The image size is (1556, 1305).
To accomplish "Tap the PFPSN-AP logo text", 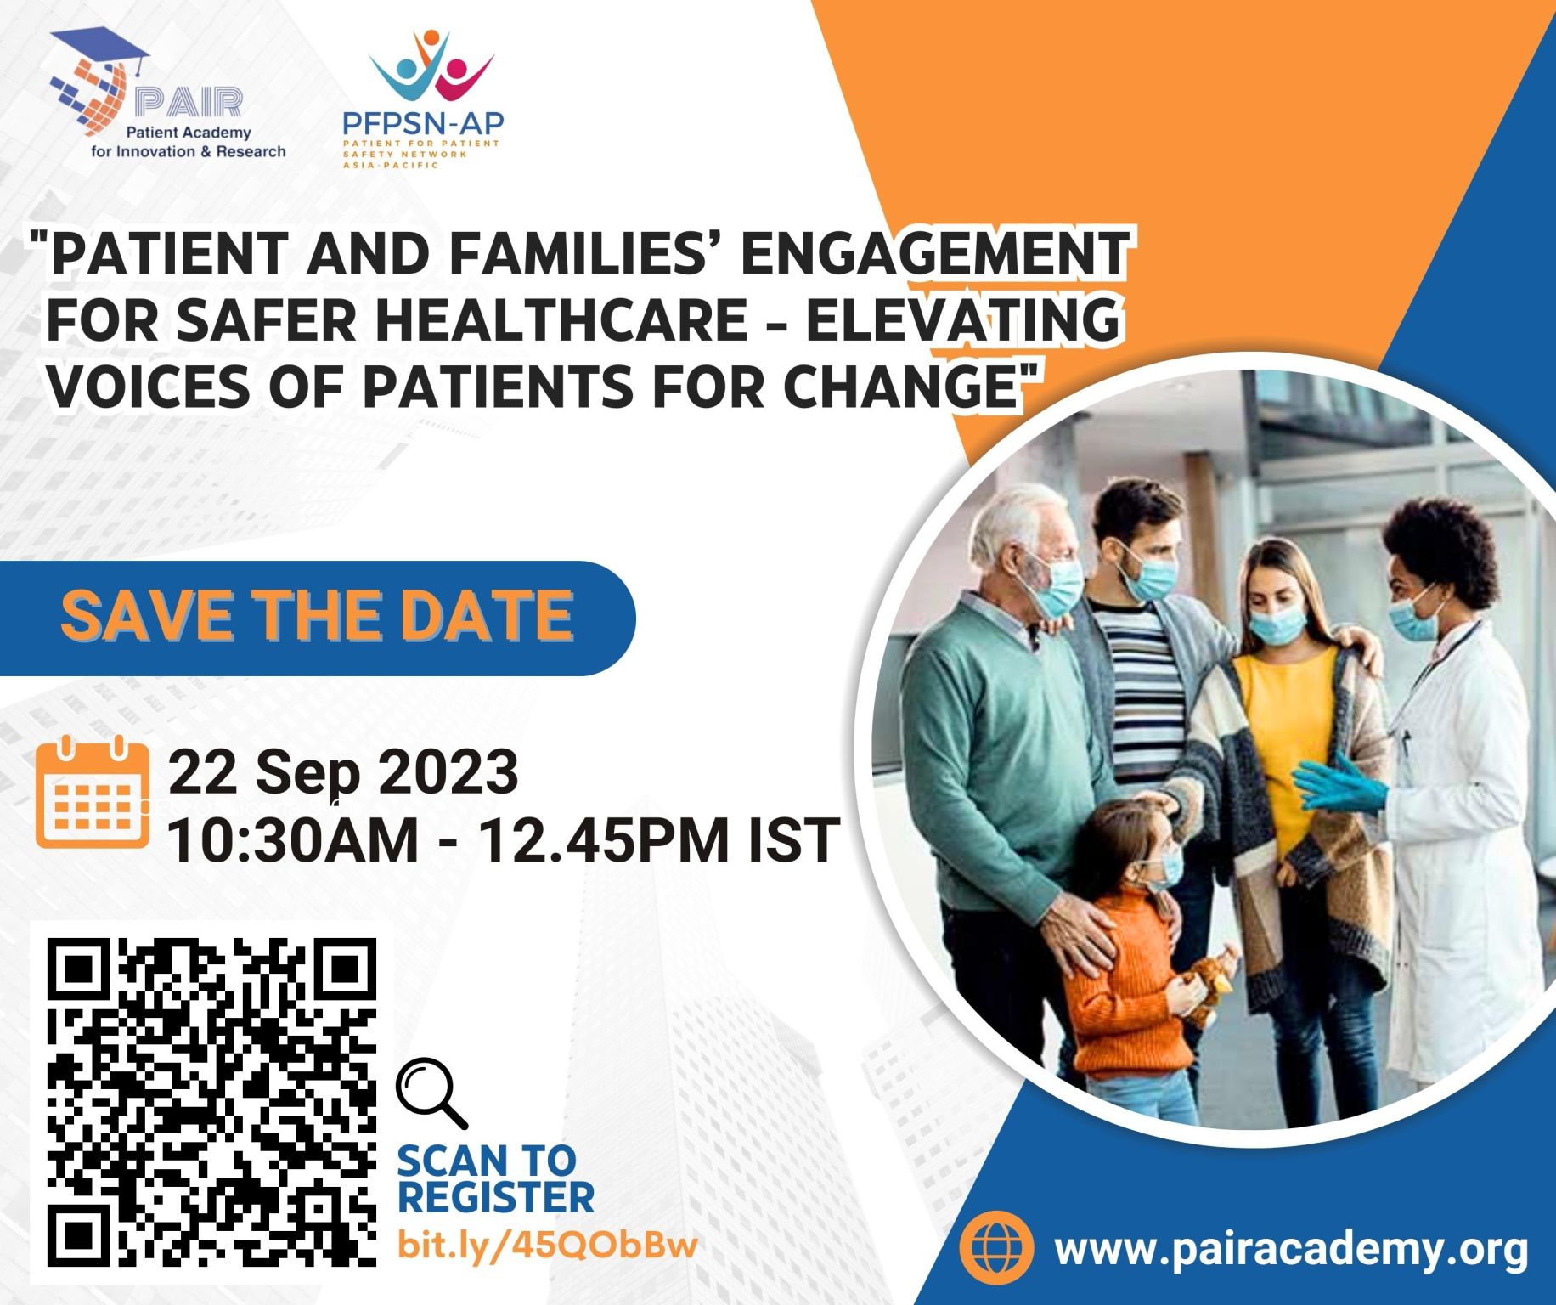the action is pyautogui.click(x=423, y=123).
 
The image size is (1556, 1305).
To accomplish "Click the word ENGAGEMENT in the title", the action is pyautogui.click(x=935, y=253).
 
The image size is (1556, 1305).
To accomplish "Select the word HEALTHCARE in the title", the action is pyautogui.click(x=561, y=319).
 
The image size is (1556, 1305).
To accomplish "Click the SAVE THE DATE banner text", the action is pyautogui.click(x=317, y=615).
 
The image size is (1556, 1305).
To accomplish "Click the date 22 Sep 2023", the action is pyautogui.click(x=343, y=773).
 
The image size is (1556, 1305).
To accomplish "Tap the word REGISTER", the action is pyautogui.click(x=496, y=1197).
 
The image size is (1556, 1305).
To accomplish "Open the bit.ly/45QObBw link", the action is pyautogui.click(x=548, y=1245).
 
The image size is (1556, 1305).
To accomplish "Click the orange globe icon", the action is pyautogui.click(x=996, y=1247).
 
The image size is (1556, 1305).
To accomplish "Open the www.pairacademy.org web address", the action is pyautogui.click(x=1291, y=1248).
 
